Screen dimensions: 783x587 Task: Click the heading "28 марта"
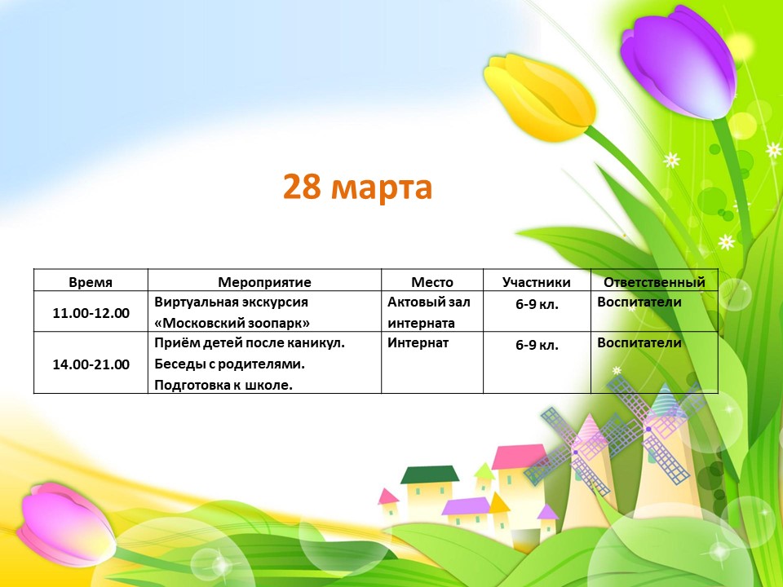point(357,188)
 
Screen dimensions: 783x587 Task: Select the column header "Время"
point(91,282)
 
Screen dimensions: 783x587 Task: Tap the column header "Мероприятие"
point(264,283)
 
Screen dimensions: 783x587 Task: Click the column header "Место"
point(432,282)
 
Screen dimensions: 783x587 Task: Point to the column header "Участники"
point(537,283)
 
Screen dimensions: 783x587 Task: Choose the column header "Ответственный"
point(654,282)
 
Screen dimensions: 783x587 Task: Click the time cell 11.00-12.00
point(91,313)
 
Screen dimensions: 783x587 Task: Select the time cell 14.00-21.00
point(91,364)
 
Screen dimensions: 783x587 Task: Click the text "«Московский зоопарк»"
point(232,323)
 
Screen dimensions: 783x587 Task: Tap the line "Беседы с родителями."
point(230,364)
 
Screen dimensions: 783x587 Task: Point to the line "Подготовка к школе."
point(223,385)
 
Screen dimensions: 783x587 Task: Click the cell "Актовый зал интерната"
point(429,312)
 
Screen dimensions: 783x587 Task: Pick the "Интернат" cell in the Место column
point(418,343)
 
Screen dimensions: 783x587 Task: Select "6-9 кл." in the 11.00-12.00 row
point(537,303)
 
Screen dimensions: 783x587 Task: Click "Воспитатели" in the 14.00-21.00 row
point(639,343)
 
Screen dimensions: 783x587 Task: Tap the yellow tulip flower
point(539,97)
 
